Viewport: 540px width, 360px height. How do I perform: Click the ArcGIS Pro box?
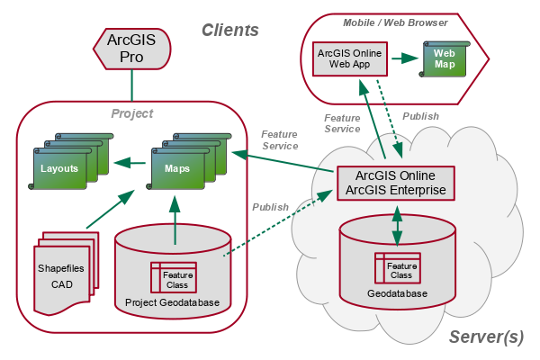coord(131,49)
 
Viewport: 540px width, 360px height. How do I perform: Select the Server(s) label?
coord(486,337)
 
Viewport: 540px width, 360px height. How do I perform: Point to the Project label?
coord(131,113)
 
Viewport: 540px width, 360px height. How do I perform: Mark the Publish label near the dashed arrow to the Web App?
coord(420,116)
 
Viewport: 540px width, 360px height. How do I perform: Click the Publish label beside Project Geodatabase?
coord(270,207)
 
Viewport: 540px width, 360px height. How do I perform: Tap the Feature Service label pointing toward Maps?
coord(279,139)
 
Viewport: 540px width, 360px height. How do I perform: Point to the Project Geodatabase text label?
coord(172,301)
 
